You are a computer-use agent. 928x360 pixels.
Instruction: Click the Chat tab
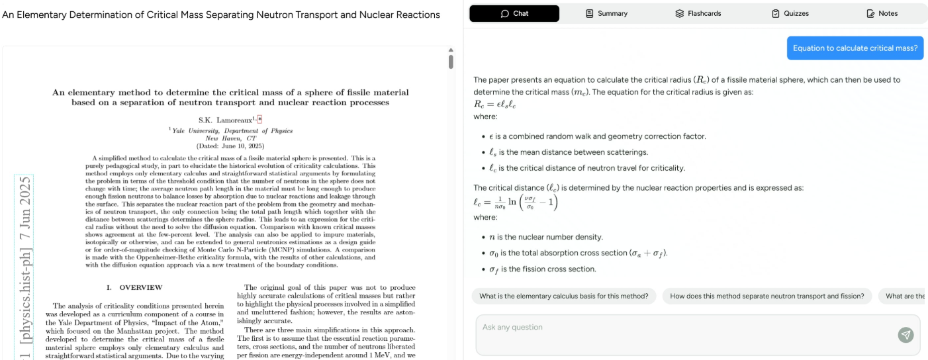514,13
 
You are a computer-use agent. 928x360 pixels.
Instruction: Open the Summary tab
606,13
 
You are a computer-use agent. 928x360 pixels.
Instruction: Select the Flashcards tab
698,13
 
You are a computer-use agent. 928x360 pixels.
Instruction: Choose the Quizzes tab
790,13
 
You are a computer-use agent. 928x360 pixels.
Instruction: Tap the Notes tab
882,13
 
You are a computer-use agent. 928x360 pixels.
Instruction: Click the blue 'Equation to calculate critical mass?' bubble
855,48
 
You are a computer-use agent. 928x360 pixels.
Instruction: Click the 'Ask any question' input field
682,328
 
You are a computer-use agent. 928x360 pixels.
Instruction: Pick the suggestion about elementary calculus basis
564,296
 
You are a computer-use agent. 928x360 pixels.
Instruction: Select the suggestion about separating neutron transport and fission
766,296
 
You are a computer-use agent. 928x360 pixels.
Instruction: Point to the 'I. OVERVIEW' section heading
134,288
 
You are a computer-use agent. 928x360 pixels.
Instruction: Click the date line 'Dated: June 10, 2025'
230,146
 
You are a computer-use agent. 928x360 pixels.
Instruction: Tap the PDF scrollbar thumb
451,62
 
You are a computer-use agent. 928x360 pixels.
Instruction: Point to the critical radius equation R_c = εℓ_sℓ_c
494,105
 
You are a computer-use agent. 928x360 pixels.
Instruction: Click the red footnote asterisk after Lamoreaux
260,119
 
